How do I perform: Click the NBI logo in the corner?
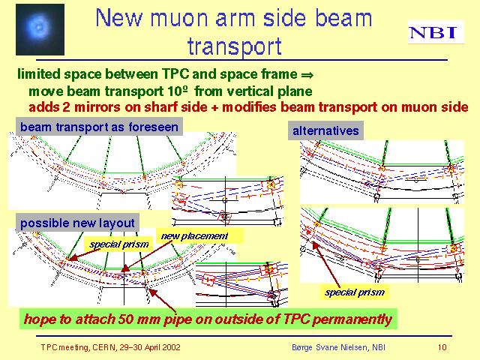click(436, 32)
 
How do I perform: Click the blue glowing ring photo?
click(40, 29)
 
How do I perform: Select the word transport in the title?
click(235, 46)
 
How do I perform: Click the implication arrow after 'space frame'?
click(307, 74)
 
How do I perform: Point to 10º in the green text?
click(178, 91)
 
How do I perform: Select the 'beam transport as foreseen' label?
click(99, 127)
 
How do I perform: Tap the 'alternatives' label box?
click(325, 130)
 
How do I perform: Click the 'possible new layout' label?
click(77, 223)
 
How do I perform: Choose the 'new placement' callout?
click(195, 236)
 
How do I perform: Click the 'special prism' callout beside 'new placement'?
click(118, 244)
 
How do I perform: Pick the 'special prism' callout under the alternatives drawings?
click(355, 292)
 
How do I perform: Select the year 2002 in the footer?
click(172, 347)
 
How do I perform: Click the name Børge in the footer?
click(301, 347)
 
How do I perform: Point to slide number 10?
click(442, 347)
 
